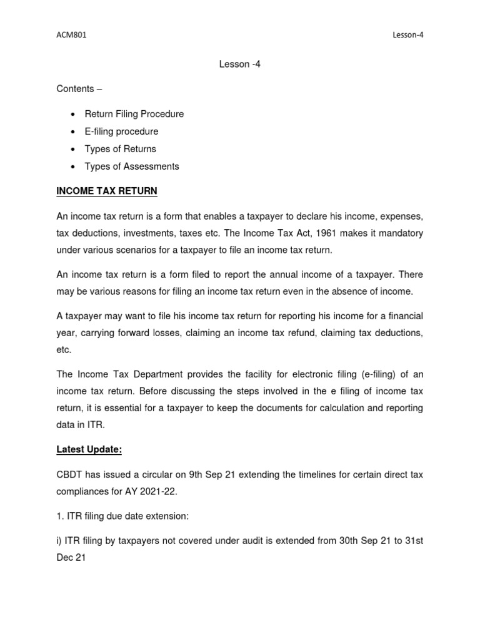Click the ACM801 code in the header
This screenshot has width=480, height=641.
pyautogui.click(x=71, y=35)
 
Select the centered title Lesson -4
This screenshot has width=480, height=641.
pyautogui.click(x=240, y=64)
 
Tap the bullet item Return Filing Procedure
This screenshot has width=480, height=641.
pyautogui.click(x=139, y=114)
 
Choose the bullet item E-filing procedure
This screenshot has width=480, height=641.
pyautogui.click(x=126, y=131)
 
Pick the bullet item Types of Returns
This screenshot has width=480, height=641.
pyautogui.click(x=125, y=149)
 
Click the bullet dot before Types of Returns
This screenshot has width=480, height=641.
pyautogui.click(x=74, y=150)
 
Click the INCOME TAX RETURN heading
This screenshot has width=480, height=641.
pyautogui.click(x=107, y=190)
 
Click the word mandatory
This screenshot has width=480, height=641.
pyautogui.click(x=400, y=233)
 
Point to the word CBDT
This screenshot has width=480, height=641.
pyautogui.click(x=69, y=474)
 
